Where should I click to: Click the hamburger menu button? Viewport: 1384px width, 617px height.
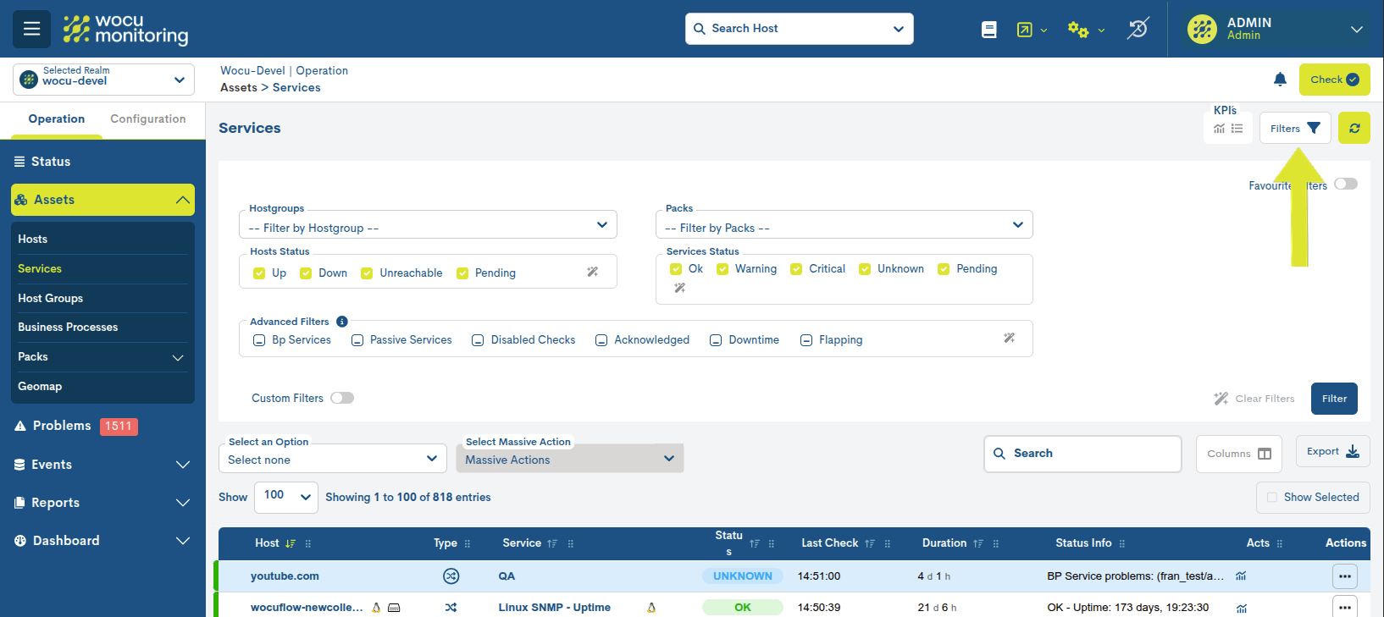31,29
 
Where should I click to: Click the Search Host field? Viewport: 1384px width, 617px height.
799,29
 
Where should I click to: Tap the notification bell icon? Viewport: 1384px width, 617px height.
1280,80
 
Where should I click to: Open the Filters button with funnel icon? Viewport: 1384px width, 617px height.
1294,129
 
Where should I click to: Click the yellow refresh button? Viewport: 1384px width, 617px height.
1354,129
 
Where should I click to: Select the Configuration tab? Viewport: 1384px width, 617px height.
147,119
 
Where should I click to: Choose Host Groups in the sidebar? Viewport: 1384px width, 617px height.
51,298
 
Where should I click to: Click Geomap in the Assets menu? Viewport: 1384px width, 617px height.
40,386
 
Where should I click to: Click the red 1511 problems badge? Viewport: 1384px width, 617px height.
118,426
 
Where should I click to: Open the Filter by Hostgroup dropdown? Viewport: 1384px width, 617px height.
428,226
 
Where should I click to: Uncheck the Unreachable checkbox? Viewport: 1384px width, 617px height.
368,273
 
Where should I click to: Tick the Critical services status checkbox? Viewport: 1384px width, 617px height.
796,269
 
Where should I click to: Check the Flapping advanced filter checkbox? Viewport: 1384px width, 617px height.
806,340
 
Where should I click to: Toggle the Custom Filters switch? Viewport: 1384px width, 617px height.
342,398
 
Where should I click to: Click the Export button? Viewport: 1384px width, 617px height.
1332,452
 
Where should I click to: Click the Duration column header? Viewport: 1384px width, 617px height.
944,543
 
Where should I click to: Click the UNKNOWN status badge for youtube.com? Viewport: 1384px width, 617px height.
742,576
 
